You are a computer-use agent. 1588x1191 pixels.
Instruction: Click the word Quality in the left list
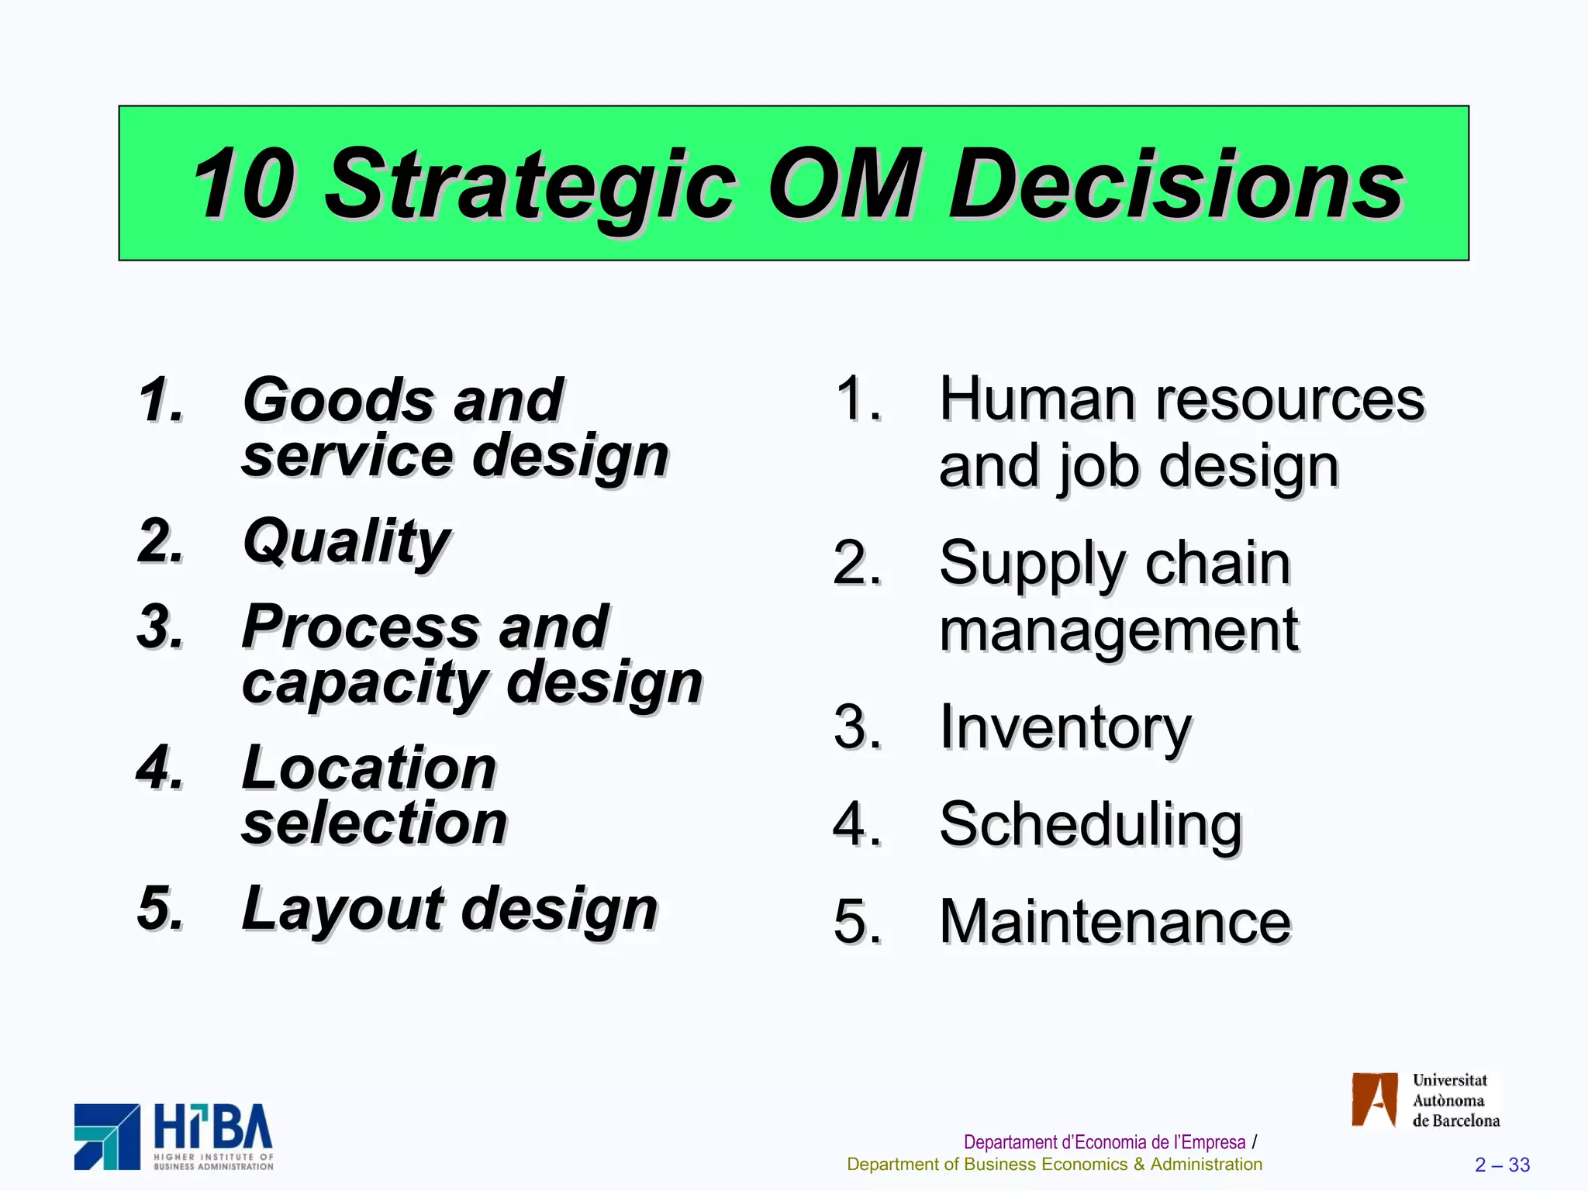tap(346, 541)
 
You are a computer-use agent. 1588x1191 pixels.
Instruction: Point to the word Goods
tap(337, 400)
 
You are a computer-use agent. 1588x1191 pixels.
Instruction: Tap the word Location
tap(369, 768)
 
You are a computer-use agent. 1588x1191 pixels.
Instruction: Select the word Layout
tap(343, 909)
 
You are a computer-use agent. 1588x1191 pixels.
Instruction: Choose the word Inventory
tap(1065, 727)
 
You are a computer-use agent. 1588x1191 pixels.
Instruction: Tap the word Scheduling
tap(1090, 824)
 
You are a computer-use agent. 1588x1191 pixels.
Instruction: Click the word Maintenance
tap(1115, 921)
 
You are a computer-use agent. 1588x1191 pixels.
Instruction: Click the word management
tap(1118, 630)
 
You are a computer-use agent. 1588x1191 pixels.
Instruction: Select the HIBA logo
tap(174, 1137)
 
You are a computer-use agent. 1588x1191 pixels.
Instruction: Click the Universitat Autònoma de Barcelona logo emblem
tap(1374, 1100)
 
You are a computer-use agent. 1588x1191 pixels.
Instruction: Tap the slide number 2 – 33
tap(1502, 1165)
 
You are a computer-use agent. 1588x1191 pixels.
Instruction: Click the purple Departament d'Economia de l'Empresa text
tap(1104, 1142)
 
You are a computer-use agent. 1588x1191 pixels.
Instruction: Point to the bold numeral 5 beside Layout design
tap(159, 907)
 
